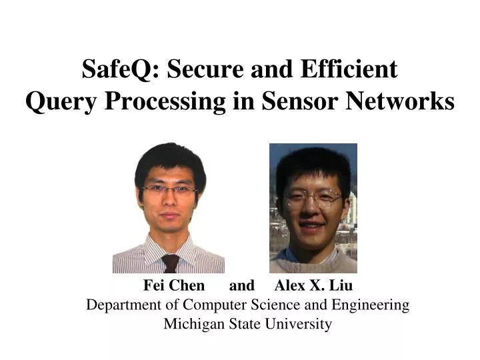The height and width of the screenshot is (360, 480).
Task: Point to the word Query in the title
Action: point(56,101)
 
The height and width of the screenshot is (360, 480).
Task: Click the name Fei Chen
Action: point(174,286)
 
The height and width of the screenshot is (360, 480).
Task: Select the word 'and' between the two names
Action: point(241,286)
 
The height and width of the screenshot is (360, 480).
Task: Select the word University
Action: point(299,325)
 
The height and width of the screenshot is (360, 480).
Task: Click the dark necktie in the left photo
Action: point(171,264)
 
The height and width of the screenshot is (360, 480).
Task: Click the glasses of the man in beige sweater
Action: point(313,198)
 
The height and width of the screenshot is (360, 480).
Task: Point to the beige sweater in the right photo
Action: point(313,261)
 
